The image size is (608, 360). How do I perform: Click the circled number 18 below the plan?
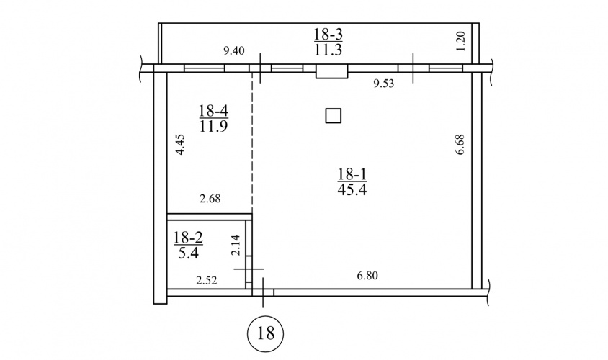pyautogui.click(x=266, y=333)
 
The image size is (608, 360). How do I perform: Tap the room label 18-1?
pyautogui.click(x=352, y=174)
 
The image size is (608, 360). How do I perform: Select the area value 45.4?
pyautogui.click(x=352, y=189)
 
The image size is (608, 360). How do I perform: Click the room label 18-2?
pyautogui.click(x=188, y=238)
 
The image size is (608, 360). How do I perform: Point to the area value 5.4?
pyautogui.click(x=189, y=253)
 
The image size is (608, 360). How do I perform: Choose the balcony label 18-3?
pyautogui.click(x=328, y=35)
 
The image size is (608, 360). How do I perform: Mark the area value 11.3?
pyautogui.click(x=328, y=50)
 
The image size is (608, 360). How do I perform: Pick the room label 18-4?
pyautogui.click(x=213, y=111)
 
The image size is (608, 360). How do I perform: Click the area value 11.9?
pyautogui.click(x=213, y=126)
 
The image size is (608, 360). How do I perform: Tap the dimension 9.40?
pyautogui.click(x=234, y=51)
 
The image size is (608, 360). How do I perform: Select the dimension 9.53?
pyautogui.click(x=384, y=84)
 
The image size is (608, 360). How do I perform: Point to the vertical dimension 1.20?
pyautogui.click(x=460, y=41)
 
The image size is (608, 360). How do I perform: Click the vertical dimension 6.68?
pyautogui.click(x=460, y=145)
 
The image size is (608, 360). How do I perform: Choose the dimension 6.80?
pyautogui.click(x=367, y=276)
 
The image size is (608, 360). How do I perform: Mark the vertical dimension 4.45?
pyautogui.click(x=180, y=145)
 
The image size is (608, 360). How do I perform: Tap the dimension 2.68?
pyautogui.click(x=210, y=199)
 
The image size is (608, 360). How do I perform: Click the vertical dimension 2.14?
pyautogui.click(x=236, y=245)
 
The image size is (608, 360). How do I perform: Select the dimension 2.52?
pyautogui.click(x=206, y=280)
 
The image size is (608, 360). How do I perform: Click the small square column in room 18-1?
pyautogui.click(x=333, y=116)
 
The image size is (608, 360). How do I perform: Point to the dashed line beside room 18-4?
pyautogui.click(x=252, y=143)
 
